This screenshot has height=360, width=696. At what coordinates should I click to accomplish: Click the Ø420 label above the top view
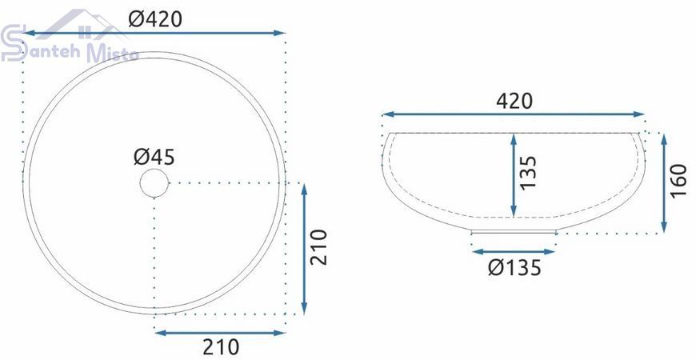(155, 19)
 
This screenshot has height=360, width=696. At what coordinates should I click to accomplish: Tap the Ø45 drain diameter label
(154, 157)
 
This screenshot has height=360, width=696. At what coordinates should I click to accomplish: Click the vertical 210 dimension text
(318, 247)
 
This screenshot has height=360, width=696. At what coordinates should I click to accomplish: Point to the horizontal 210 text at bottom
(221, 346)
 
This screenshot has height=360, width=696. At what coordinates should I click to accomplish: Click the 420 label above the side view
(514, 102)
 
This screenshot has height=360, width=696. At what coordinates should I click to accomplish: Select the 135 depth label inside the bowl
(528, 173)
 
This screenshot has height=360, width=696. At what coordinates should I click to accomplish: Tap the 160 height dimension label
(678, 181)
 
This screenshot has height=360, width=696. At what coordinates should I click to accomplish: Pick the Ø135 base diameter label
(515, 267)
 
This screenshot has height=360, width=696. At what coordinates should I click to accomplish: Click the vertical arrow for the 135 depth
(514, 176)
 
